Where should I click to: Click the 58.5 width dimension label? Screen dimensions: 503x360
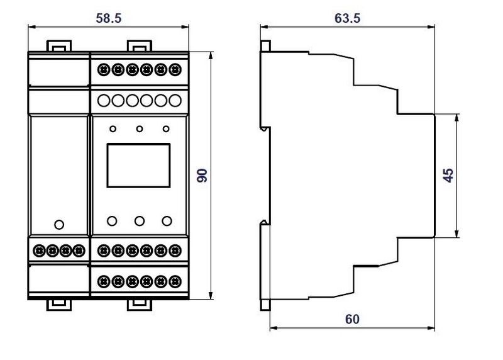coord(109,18)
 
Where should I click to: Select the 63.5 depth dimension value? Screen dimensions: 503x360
coord(348,18)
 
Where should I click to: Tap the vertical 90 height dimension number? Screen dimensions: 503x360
coord(202,176)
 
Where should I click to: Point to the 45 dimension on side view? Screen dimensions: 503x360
coord(448,176)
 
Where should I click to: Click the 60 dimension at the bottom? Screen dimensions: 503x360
coord(352,319)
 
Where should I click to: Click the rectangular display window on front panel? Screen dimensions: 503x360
coord(138,166)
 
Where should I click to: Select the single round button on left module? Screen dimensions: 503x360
coord(59,225)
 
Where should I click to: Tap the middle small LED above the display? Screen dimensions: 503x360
coord(139,129)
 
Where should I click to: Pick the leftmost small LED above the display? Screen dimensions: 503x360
coord(113,129)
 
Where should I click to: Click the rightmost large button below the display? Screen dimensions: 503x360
coord(167,221)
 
